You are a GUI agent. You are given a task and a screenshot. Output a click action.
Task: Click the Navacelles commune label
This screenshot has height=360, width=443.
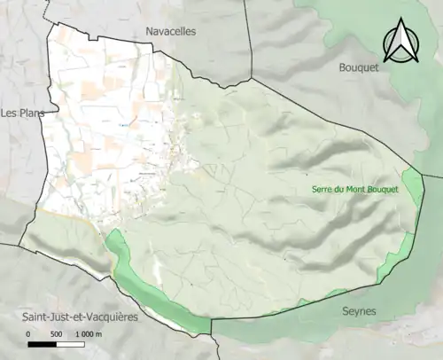(x=171, y=31)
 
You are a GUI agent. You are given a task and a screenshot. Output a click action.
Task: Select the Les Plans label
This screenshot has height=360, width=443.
(x=24, y=113)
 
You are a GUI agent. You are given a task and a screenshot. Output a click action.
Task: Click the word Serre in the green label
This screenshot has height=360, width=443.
(x=322, y=189)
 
